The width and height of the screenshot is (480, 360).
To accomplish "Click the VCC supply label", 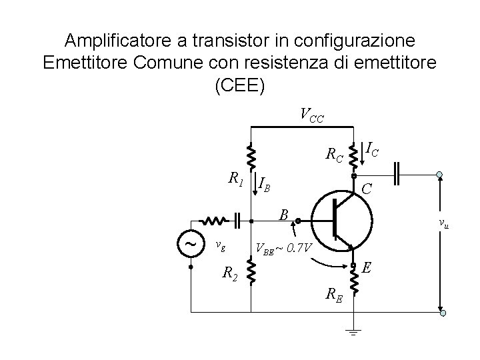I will click(x=311, y=116).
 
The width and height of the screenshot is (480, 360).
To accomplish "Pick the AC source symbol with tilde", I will click(x=190, y=244).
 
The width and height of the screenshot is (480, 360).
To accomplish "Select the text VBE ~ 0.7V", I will click(x=284, y=249).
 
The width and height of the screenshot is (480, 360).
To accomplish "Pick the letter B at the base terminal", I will click(x=284, y=214).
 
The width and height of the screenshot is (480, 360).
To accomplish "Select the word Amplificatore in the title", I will click(x=117, y=40).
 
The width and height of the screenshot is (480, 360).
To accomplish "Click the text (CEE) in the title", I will click(x=240, y=87).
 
